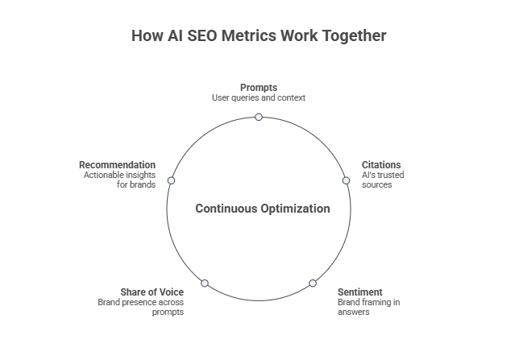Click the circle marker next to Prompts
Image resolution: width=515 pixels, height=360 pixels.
[259, 117]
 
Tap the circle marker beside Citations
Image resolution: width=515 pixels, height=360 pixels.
[346, 180]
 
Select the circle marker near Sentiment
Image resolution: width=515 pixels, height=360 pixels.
[313, 283]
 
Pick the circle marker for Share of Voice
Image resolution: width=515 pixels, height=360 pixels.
[205, 283]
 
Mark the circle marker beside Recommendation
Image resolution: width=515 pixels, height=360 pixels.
[171, 180]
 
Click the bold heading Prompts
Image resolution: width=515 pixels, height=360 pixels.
[259, 87]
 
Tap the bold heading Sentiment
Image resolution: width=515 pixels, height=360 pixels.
[359, 292]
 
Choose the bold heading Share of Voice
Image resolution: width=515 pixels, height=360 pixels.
[152, 292]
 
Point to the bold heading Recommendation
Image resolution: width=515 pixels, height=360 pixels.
[117, 165]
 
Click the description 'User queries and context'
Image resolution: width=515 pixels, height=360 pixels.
[259, 97]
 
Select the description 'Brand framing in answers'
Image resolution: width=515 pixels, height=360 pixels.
[368, 307]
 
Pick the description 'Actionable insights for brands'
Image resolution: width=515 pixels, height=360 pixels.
[120, 180]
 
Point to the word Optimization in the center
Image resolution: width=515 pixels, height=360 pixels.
[296, 209]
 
